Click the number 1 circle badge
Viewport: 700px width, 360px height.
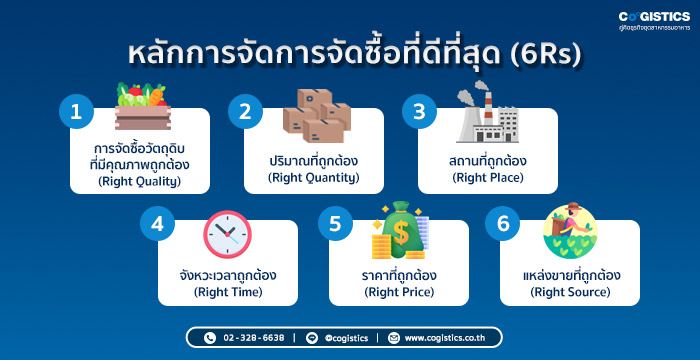tap(76, 112)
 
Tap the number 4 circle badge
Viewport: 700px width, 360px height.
tap(157, 223)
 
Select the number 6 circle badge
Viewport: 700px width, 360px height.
tap(503, 223)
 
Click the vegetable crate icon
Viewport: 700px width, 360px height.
tap(142, 106)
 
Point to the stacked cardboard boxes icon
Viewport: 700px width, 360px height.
tap(317, 116)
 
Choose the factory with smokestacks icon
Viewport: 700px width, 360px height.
tap(488, 112)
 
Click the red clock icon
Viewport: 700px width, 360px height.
tap(227, 234)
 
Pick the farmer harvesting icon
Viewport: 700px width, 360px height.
tap(570, 230)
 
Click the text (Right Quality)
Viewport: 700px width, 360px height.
tap(139, 181)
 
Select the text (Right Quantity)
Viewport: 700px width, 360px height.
tap(313, 178)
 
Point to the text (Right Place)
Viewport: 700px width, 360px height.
tap(488, 178)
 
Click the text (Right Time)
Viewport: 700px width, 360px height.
tap(228, 293)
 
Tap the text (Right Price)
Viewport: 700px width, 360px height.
tap(399, 293)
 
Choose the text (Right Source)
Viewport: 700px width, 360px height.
tap(570, 293)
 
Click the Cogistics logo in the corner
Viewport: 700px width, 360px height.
tap(654, 21)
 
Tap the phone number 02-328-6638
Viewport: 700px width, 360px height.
tap(254, 338)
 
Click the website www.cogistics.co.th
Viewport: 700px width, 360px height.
tap(445, 338)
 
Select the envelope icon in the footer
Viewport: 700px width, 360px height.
tap(393, 338)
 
